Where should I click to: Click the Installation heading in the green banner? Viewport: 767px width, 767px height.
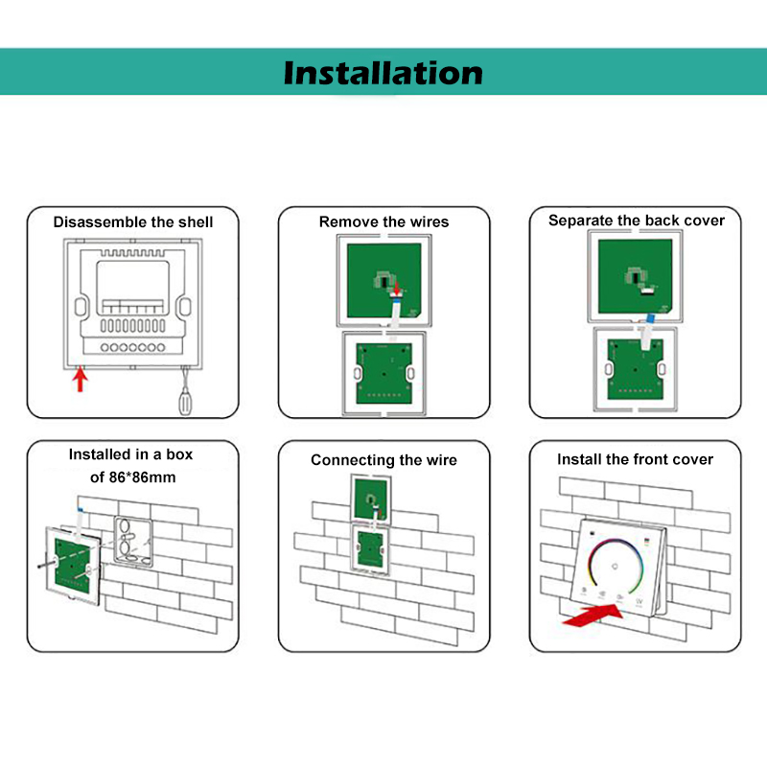pyautogui.click(x=383, y=74)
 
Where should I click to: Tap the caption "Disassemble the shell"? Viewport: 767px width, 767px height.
pyautogui.click(x=133, y=222)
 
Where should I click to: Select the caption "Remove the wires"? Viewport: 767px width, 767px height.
pyautogui.click(x=384, y=222)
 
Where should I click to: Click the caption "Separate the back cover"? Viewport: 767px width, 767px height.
pyautogui.click(x=637, y=221)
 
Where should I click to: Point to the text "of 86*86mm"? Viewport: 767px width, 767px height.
pyautogui.click(x=133, y=477)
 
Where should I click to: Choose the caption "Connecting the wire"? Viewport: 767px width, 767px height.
pyautogui.click(x=384, y=460)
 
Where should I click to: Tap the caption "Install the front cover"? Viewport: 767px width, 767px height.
pyautogui.click(x=635, y=459)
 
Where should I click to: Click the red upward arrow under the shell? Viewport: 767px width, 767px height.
pyautogui.click(x=81, y=380)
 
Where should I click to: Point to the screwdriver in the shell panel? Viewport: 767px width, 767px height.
pyautogui.click(x=185, y=392)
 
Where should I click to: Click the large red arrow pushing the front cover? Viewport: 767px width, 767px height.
pyautogui.click(x=593, y=615)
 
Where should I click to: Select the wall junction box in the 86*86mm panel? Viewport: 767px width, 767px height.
pyautogui.click(x=133, y=541)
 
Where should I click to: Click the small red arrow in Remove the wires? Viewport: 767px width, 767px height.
pyautogui.click(x=397, y=288)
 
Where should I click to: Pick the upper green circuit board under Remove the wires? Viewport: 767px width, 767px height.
pyautogui.click(x=384, y=281)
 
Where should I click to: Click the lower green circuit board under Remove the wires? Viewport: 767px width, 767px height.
pyautogui.click(x=384, y=374)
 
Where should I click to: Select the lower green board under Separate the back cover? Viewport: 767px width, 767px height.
pyautogui.click(x=636, y=369)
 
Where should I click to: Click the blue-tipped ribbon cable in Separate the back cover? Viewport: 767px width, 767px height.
pyautogui.click(x=647, y=332)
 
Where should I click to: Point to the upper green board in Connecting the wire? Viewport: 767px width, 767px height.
pyautogui.click(x=371, y=500)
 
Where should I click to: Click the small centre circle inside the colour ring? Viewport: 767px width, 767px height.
pyautogui.click(x=615, y=567)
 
